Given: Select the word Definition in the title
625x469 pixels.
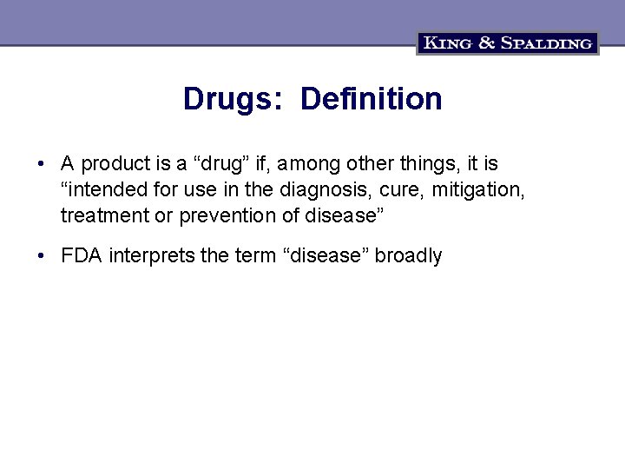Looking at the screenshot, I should click(x=371, y=99).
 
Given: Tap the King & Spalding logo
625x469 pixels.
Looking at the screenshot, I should click(x=508, y=43).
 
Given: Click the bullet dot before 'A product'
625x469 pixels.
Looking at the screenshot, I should click(x=41, y=164).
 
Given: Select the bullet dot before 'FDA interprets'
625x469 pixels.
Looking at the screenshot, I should click(x=41, y=256).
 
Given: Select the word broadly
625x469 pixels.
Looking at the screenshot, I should click(x=409, y=256).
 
